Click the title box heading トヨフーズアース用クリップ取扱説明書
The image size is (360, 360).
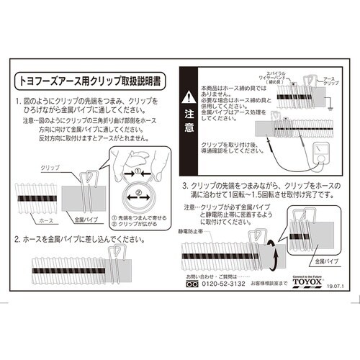coord(93,76)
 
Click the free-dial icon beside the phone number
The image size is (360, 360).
coord(192,285)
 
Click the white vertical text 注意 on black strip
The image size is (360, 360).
coord(187,122)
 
